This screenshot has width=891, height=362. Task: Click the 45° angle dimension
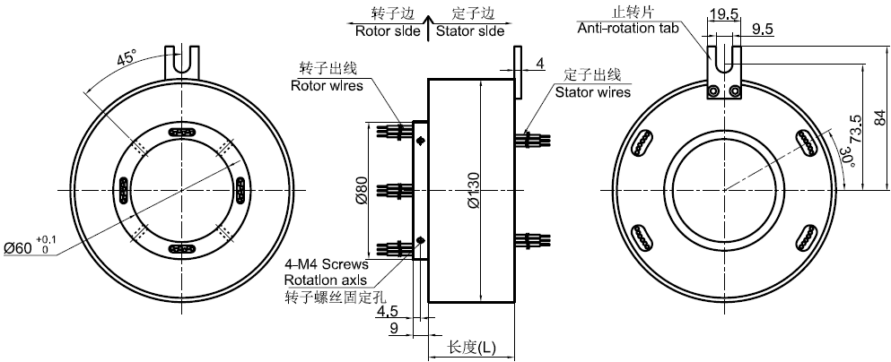(x=127, y=58)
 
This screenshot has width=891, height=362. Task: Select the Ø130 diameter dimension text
(x=474, y=191)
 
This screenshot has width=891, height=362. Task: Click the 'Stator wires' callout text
(x=592, y=91)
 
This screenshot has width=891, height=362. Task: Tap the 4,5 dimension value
(x=389, y=312)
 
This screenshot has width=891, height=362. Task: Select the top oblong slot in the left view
(x=181, y=132)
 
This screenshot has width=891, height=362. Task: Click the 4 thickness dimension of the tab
(x=538, y=63)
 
